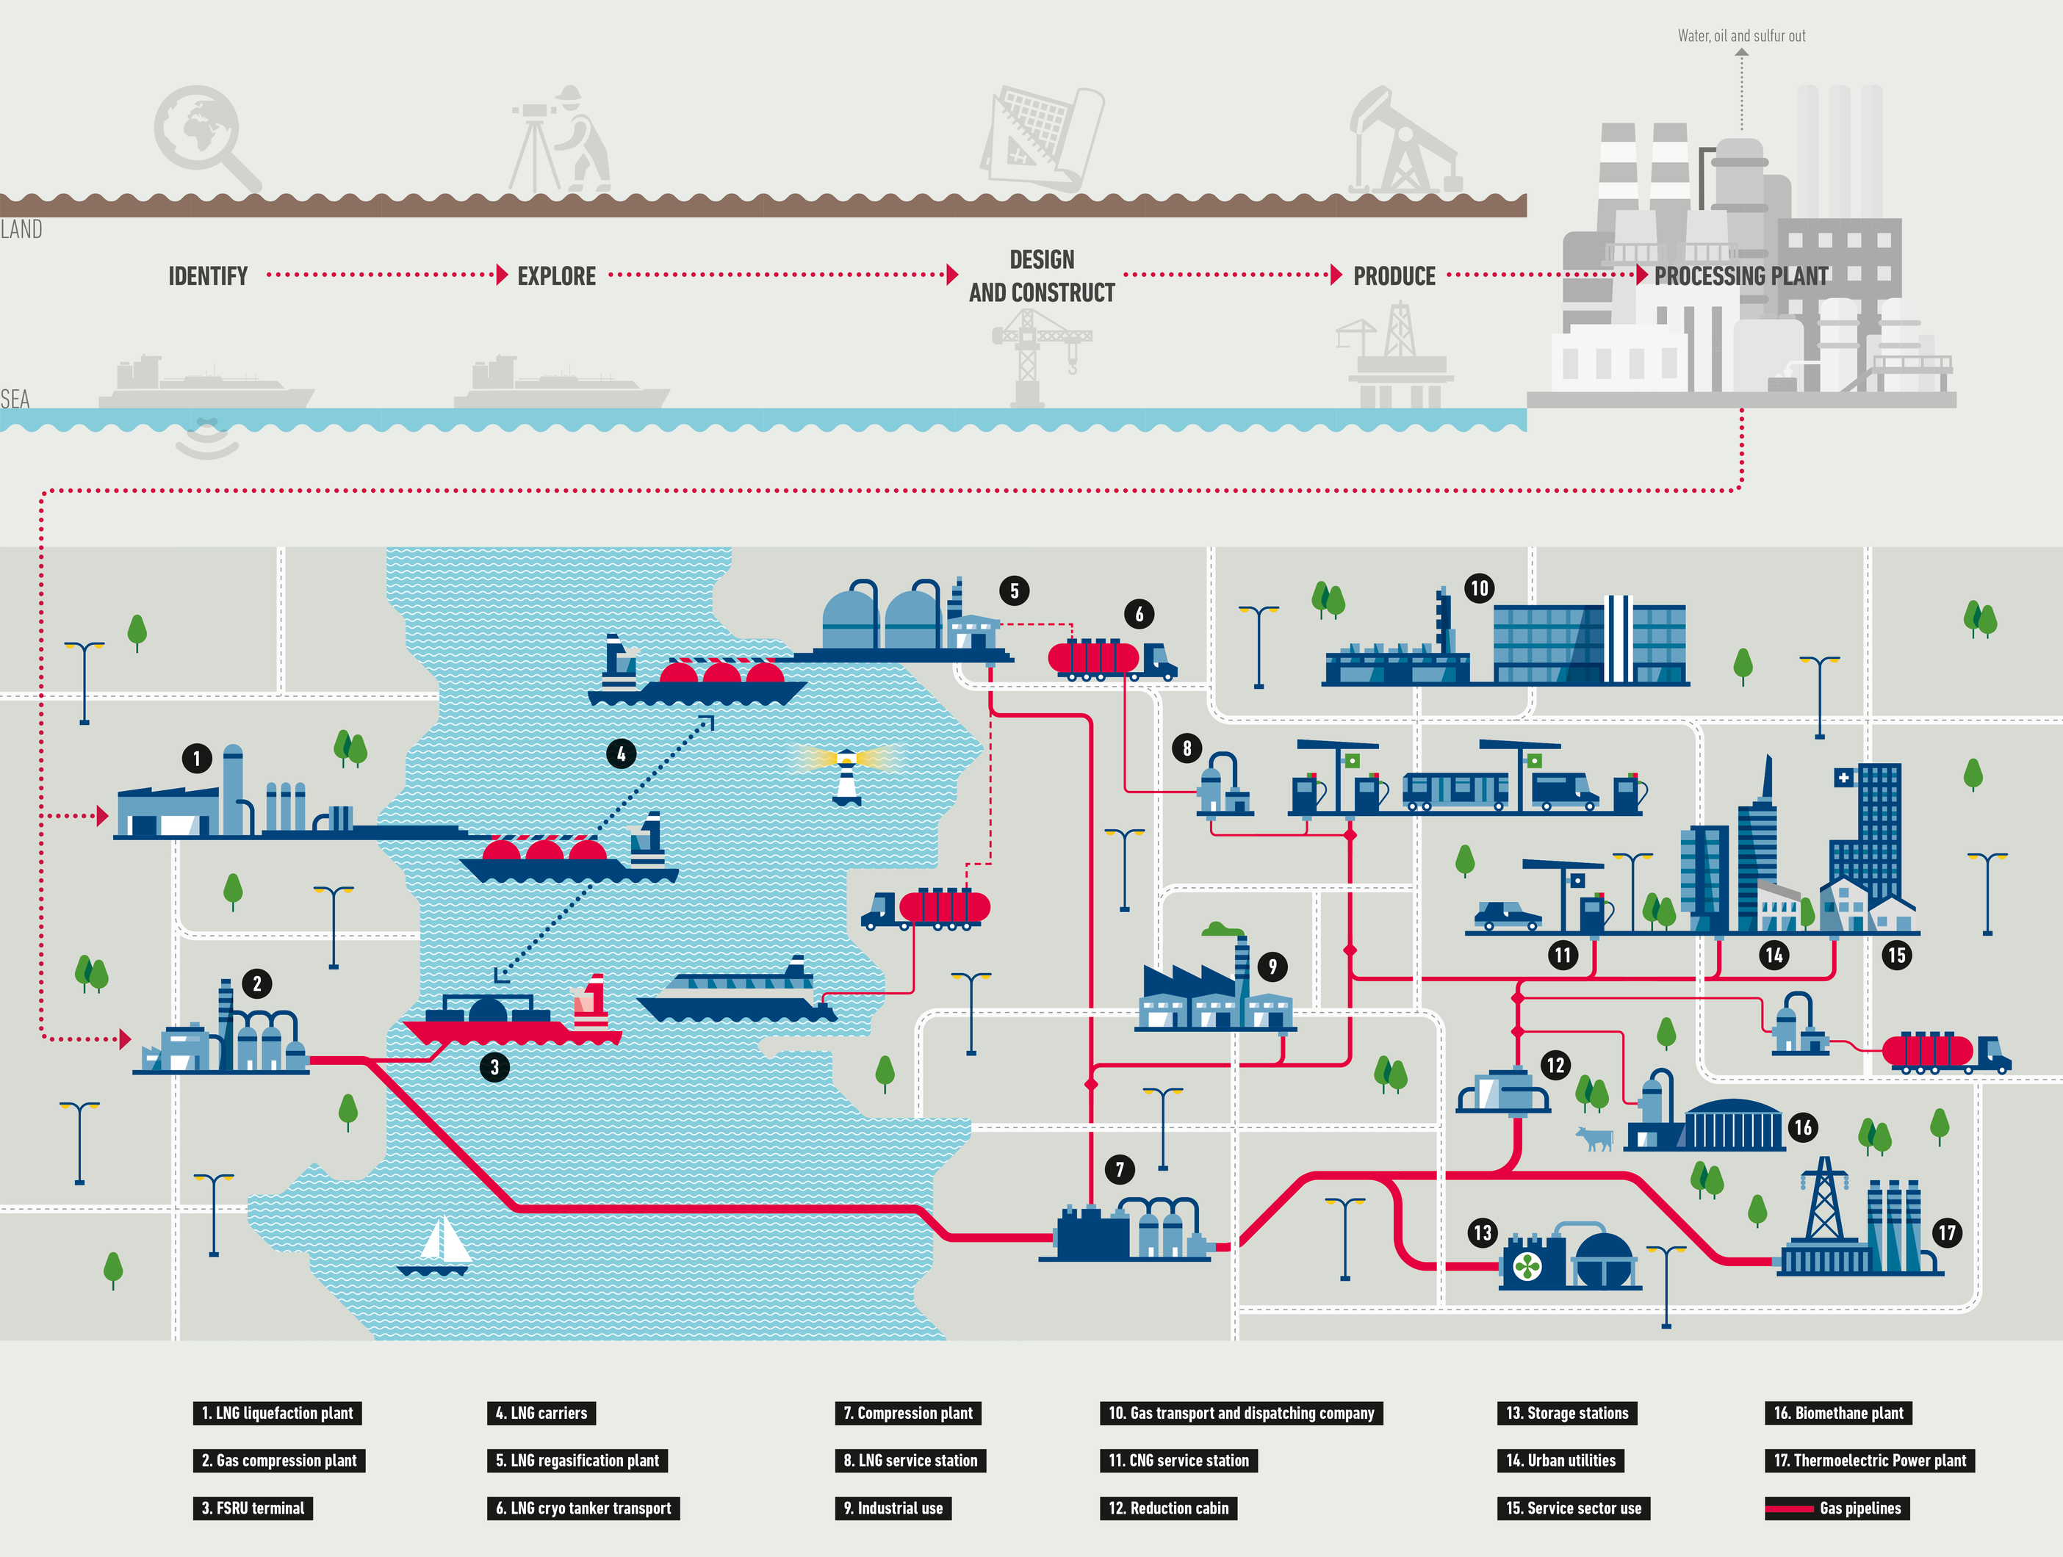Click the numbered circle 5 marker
pos(1015,590)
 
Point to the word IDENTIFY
pos(208,276)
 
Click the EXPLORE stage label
pos(557,276)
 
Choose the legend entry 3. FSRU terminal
pos(253,1509)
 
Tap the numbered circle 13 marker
pos(1483,1232)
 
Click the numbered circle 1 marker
pos(197,758)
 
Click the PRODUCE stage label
pos(1394,276)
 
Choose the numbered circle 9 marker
pos(1273,967)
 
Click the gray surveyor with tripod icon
pos(561,140)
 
